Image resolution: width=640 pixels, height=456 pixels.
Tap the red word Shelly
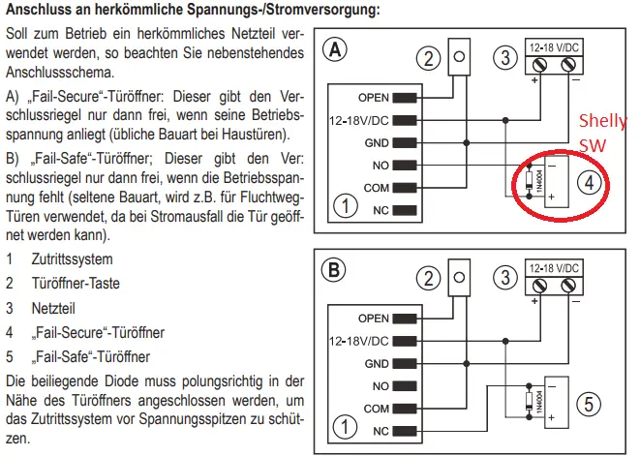(601, 122)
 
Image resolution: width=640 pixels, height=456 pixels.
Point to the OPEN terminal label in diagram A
(373, 98)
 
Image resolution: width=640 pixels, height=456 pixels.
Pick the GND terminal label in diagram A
(376, 142)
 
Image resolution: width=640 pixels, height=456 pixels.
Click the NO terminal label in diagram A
(380, 165)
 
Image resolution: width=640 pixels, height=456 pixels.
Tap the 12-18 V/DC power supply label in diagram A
(554, 46)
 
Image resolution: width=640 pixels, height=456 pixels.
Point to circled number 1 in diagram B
(341, 425)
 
